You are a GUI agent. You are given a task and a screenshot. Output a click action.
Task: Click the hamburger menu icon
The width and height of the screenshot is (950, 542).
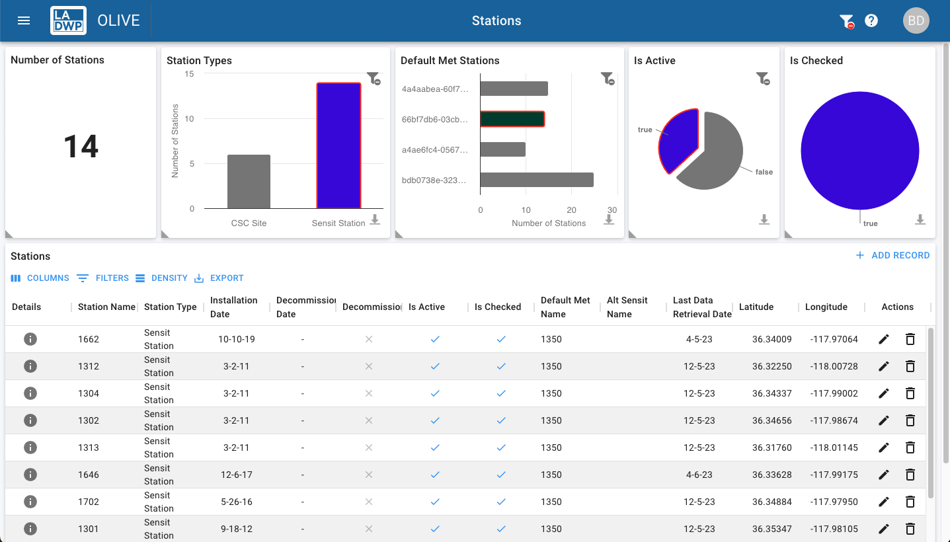24,20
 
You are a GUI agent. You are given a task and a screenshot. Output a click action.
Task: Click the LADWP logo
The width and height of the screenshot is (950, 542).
68,20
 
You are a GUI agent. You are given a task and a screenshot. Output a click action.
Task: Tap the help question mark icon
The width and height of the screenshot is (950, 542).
871,20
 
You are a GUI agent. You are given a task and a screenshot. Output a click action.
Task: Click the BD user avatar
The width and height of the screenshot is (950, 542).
916,20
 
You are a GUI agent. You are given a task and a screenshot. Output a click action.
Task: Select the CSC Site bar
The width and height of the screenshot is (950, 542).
249,182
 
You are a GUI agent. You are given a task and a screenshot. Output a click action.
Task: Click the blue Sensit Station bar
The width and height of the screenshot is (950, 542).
338,145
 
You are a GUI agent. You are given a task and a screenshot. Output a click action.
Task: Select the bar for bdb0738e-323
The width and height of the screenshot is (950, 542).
536,180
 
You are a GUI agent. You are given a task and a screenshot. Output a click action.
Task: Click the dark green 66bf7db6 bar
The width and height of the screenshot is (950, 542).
512,119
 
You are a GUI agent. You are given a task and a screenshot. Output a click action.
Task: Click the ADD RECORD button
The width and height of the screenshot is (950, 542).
892,255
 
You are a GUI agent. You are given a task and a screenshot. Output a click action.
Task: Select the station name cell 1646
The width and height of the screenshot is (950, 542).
89,475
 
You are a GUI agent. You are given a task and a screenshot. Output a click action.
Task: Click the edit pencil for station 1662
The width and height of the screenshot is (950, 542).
884,339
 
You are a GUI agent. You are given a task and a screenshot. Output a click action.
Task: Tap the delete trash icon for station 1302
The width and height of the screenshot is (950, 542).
910,420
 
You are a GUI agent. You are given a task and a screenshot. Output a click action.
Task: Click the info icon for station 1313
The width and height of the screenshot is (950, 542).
30,447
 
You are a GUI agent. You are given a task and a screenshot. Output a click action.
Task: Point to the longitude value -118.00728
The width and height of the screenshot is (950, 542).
834,366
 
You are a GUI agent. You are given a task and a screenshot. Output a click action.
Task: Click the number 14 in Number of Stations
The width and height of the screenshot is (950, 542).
81,146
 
